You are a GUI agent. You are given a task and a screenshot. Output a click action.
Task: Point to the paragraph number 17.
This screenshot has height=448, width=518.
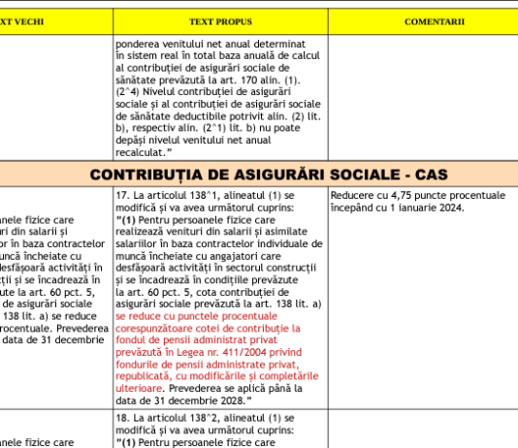click(x=121, y=195)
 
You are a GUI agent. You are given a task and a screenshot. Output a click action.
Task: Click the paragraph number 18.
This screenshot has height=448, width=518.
click(x=121, y=417)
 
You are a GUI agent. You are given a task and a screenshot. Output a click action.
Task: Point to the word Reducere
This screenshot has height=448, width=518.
click(x=353, y=195)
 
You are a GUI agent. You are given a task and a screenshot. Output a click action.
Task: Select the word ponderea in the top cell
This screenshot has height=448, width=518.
click(x=139, y=44)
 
